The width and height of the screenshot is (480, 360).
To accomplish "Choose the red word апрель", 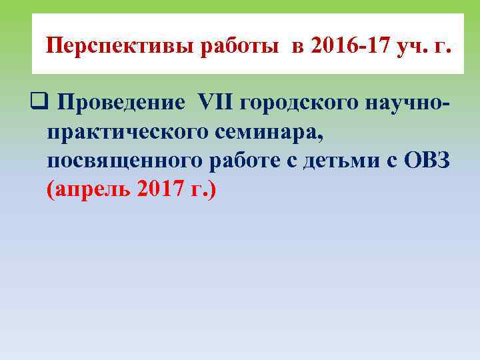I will click(x=91, y=191).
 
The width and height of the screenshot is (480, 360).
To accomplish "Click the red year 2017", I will click(x=161, y=191).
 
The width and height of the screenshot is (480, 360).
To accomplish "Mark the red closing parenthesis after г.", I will click(x=213, y=191).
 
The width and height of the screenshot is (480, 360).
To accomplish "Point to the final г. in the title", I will click(x=444, y=48).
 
